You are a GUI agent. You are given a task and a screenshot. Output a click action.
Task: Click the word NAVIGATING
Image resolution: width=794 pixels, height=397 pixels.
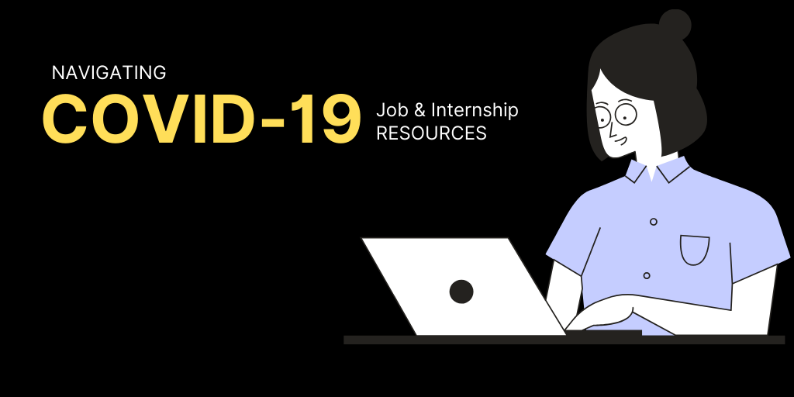[x=109, y=73]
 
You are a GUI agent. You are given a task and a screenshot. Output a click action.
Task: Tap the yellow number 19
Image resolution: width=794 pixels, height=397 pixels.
[x=329, y=119]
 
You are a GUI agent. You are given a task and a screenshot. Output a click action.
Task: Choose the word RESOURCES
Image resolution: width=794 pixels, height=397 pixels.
[x=431, y=133]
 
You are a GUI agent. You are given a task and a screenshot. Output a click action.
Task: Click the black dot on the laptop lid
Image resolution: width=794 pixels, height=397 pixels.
[x=461, y=292]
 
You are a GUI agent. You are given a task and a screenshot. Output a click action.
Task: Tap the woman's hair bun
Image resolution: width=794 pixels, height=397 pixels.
[x=675, y=24]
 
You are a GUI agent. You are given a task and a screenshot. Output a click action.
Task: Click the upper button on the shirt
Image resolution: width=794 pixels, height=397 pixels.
[x=653, y=222]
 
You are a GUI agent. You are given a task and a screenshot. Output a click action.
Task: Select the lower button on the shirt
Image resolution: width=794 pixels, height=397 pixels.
[x=646, y=275]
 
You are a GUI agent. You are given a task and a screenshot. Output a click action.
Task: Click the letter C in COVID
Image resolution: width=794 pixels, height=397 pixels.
[x=64, y=119]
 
